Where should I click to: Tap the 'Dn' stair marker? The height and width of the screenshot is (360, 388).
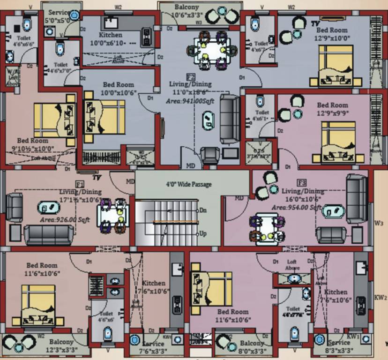pyautogui.click(x=203, y=211)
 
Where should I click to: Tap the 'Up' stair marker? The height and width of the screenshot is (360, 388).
pyautogui.click(x=203, y=233)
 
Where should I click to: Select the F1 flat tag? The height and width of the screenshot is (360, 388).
pyautogui.click(x=80, y=184)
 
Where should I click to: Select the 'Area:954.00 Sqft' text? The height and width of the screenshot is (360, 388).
pyautogui.click(x=296, y=207)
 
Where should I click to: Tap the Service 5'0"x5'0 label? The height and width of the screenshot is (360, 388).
pyautogui.click(x=59, y=16)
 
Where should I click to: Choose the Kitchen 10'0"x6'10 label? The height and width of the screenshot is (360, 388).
pyautogui.click(x=111, y=39)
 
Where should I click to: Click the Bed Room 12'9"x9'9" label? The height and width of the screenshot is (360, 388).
pyautogui.click(x=332, y=109)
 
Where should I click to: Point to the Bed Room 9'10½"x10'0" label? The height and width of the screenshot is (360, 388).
pyautogui.click(x=32, y=144)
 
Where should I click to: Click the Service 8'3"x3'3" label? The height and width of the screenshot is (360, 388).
pyautogui.click(x=339, y=346)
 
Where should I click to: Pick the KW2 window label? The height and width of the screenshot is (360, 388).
pyautogui.click(x=380, y=297)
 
